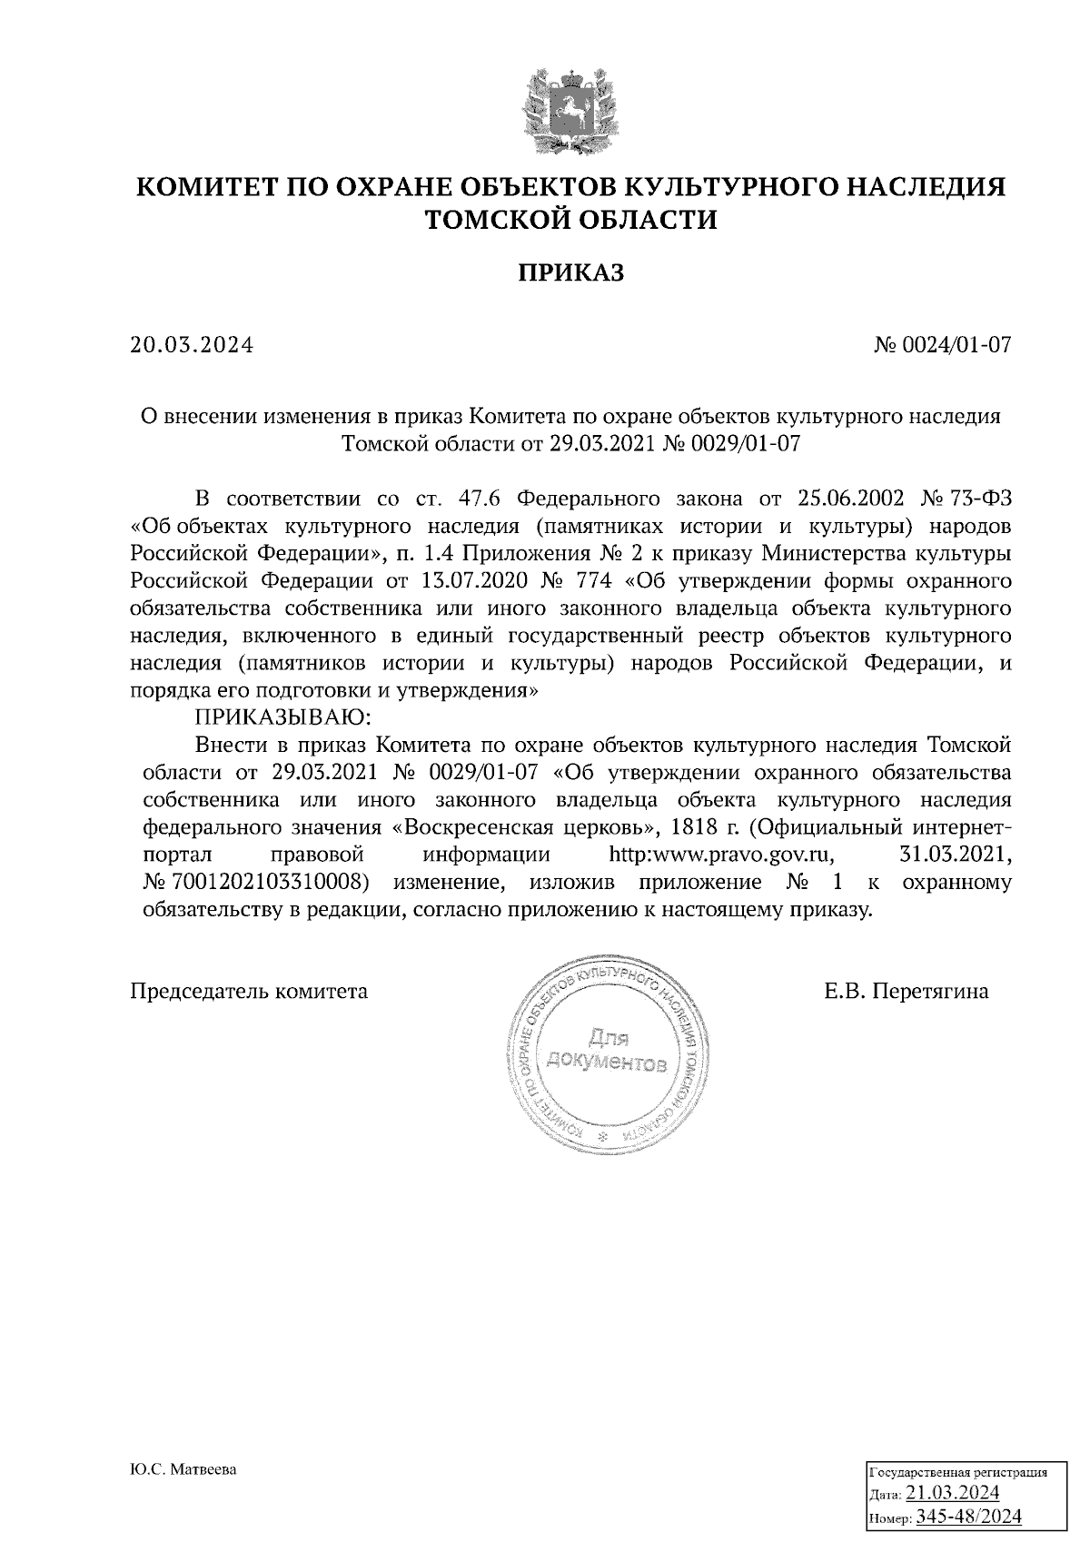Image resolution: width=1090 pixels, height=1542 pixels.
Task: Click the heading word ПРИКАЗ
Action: [571, 273]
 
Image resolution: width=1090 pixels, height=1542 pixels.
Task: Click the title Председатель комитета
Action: [250, 992]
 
